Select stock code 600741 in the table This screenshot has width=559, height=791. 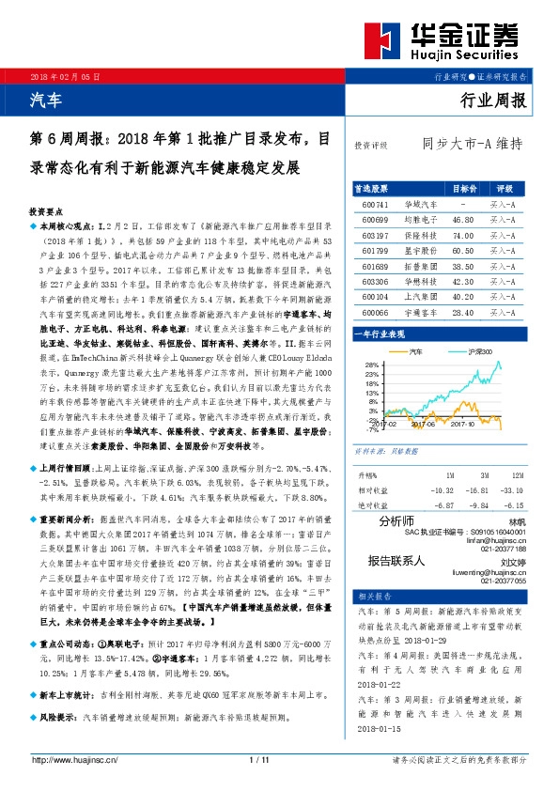pyautogui.click(x=375, y=203)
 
